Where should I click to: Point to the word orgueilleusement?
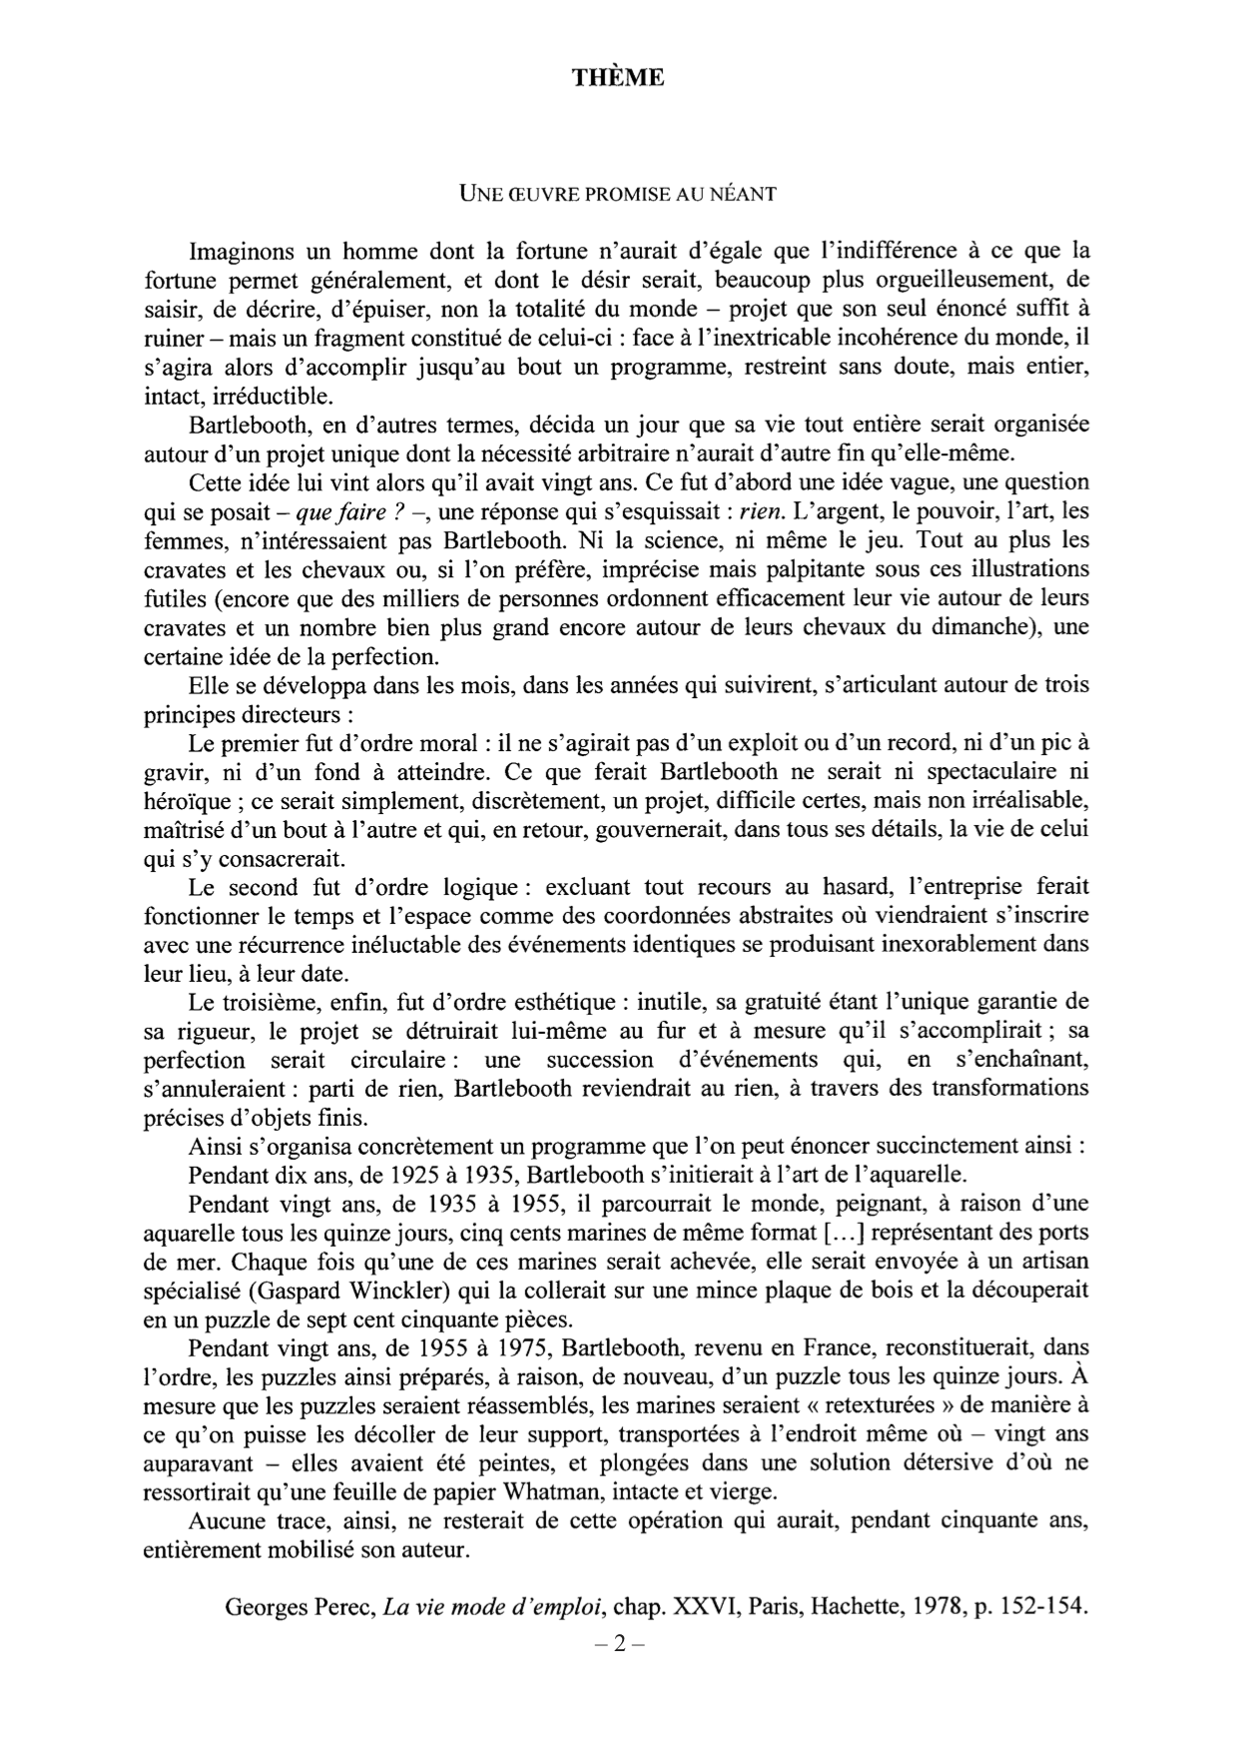click(x=957, y=280)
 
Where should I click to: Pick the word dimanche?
click(x=977, y=628)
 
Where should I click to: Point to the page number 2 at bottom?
click(x=619, y=1644)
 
